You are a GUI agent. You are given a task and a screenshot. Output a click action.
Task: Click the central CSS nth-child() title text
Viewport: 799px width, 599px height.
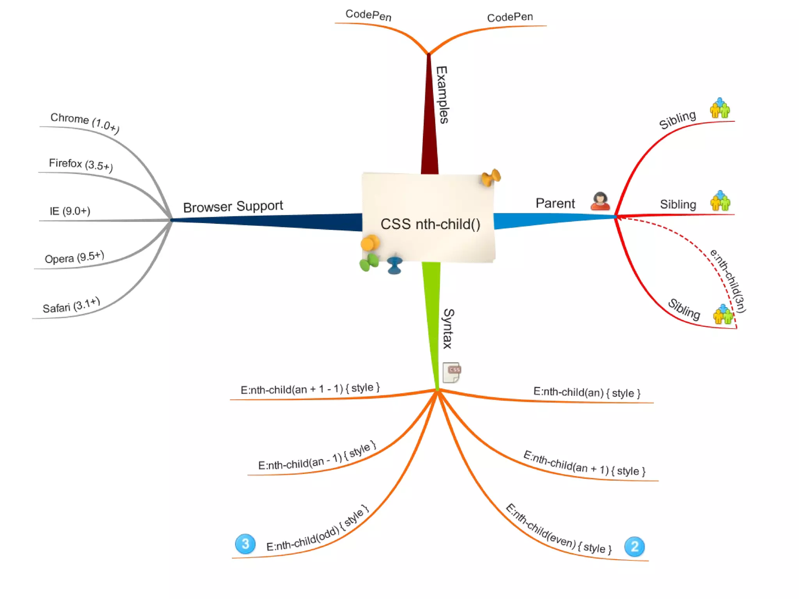click(430, 224)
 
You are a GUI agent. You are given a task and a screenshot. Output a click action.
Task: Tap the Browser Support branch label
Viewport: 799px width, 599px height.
click(233, 206)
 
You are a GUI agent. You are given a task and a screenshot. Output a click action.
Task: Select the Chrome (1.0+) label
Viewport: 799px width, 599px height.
click(85, 122)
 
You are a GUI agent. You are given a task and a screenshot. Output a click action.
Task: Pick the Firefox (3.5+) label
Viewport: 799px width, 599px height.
click(81, 164)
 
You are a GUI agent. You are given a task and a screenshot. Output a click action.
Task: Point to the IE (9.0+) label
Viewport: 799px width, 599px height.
click(70, 211)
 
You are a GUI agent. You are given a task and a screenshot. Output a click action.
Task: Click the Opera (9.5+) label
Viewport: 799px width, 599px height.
click(74, 257)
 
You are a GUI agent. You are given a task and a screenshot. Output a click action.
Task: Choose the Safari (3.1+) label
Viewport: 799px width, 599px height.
click(71, 305)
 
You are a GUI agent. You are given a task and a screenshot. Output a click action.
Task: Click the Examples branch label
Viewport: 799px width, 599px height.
click(442, 95)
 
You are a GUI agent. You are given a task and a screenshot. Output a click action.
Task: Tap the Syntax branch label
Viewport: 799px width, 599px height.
click(448, 328)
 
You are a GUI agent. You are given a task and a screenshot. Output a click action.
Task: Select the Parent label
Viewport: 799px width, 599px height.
click(555, 203)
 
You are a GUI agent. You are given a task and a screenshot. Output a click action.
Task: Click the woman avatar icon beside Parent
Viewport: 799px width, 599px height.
click(600, 201)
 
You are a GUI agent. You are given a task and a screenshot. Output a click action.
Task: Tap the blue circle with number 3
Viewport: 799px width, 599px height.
click(245, 544)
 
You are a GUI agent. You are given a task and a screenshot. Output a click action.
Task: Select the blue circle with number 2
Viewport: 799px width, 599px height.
click(634, 546)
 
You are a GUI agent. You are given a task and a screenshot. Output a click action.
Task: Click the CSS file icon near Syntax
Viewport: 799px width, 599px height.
click(452, 372)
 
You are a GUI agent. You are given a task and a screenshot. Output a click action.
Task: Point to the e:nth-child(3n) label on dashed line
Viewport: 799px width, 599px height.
click(728, 280)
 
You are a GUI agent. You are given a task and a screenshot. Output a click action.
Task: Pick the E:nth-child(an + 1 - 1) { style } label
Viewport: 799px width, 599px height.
click(310, 388)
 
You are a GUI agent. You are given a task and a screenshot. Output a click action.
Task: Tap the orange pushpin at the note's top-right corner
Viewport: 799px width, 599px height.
click(490, 178)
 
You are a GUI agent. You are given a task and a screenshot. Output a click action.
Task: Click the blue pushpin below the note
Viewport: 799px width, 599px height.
click(395, 265)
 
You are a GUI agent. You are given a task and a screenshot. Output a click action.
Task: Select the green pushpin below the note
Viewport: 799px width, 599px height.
click(369, 262)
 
